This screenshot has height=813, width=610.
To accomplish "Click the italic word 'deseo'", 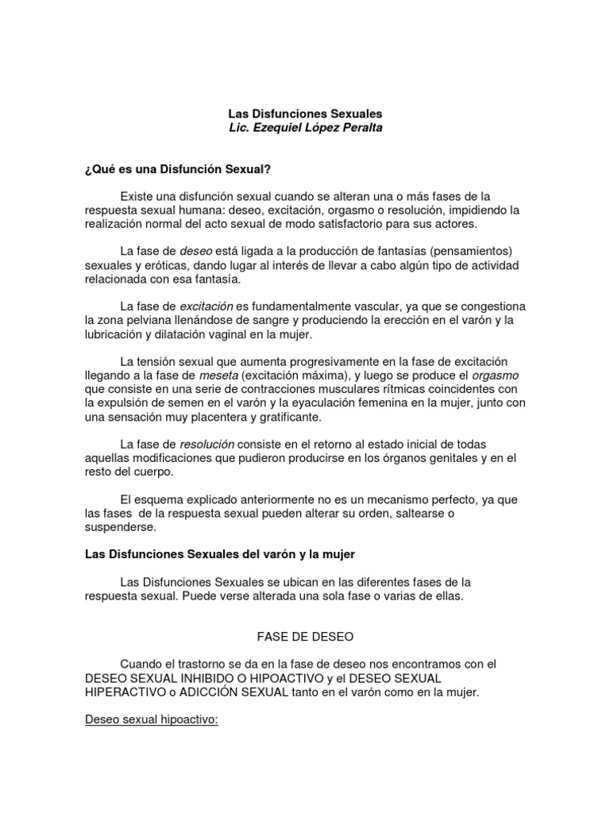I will pos(196,251).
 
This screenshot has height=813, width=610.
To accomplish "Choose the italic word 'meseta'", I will pos(219,375).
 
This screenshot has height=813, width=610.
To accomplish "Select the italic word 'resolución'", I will pos(207,444).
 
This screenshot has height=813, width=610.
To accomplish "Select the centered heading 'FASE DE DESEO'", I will pos(305,637).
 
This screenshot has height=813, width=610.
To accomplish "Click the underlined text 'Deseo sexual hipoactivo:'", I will pos(151,719).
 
